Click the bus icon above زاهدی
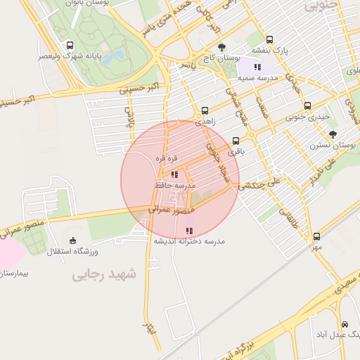205,110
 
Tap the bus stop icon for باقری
236,140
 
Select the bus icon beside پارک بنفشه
270,40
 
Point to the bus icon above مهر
316,237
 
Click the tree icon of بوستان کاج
222,46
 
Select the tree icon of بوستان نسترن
333,134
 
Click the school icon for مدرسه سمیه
257,67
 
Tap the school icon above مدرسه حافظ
174,174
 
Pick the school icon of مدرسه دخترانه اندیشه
188,231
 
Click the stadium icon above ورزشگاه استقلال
74,240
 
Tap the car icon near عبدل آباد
345,324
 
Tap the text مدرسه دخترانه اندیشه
189,241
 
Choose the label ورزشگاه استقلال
75,251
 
